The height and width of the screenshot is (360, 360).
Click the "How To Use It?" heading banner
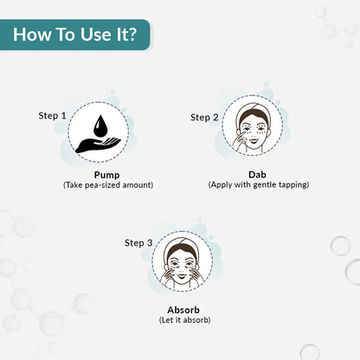click(x=75, y=35)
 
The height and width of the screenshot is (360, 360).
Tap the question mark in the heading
click(x=132, y=34)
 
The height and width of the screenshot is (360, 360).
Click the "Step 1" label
click(x=53, y=116)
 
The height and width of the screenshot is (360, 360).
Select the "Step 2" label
click(x=204, y=118)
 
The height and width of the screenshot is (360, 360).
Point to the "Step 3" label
click(x=138, y=243)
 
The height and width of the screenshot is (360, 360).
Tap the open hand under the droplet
click(x=98, y=145)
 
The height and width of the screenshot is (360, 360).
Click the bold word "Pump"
click(x=106, y=175)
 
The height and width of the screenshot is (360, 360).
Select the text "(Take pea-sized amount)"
click(x=108, y=185)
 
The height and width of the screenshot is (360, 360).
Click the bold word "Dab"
click(x=257, y=175)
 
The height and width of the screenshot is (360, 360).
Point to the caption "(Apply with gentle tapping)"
click(x=259, y=184)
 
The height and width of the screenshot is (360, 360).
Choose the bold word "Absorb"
click(x=183, y=310)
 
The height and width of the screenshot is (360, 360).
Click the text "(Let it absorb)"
click(x=184, y=320)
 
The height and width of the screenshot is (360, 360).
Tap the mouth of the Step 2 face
click(x=254, y=141)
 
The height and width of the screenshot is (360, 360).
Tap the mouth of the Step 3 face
click(x=182, y=276)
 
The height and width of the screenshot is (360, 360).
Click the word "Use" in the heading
click(x=95, y=35)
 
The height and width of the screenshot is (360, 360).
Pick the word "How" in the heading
click(x=34, y=35)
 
